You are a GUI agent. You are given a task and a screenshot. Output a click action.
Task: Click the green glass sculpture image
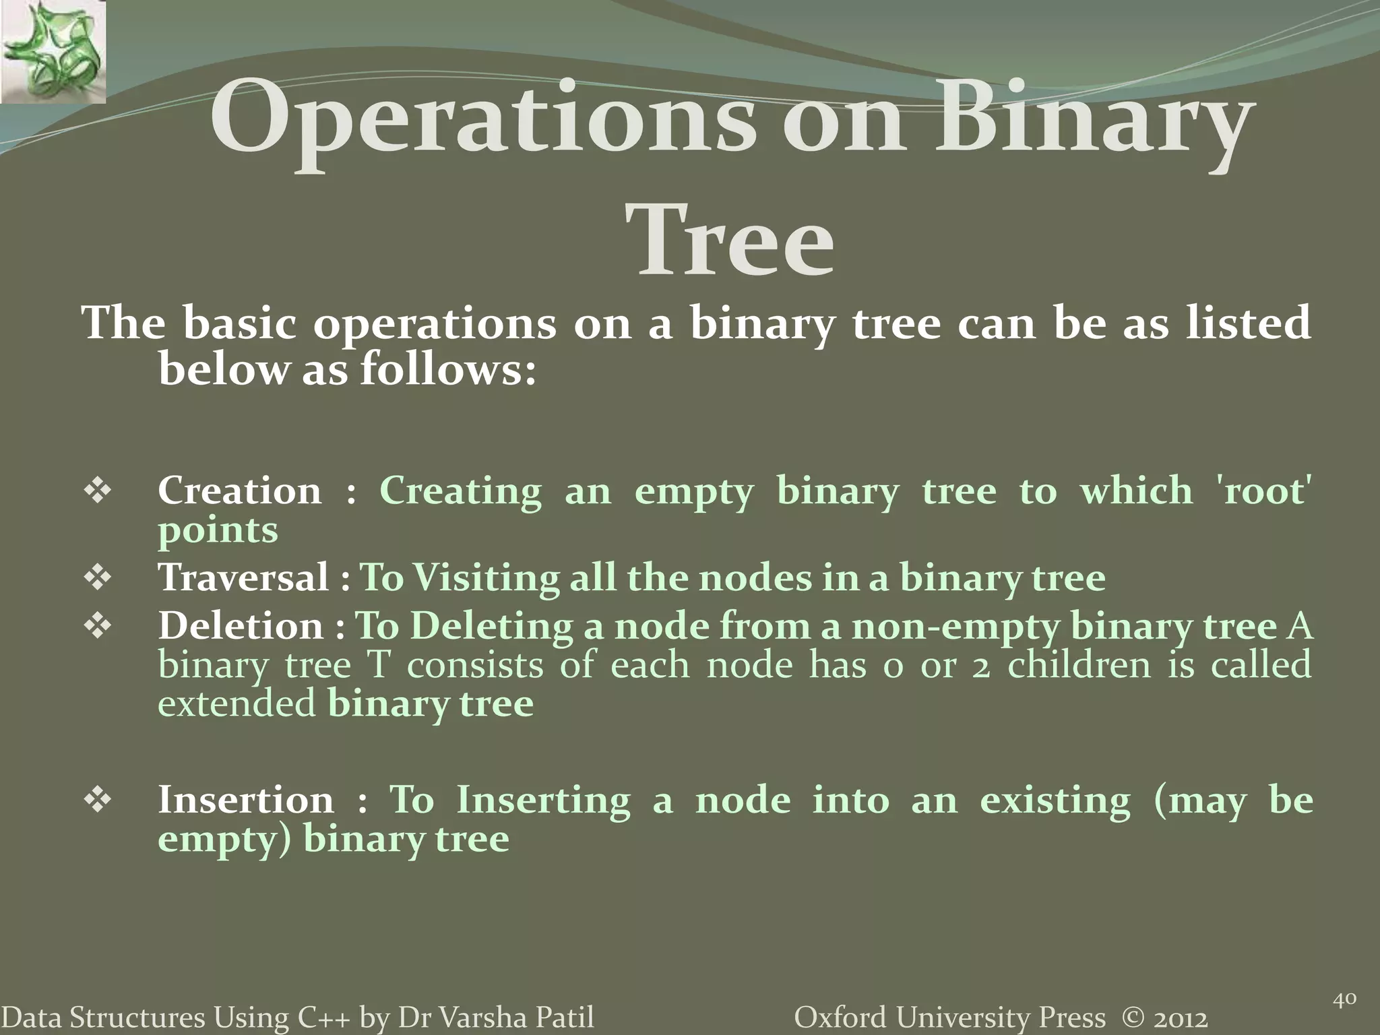pos(53,53)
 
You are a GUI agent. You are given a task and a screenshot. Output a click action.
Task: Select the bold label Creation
pos(240,491)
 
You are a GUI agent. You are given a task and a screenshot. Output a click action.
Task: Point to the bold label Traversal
pos(244,578)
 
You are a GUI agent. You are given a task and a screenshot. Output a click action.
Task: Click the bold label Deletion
pos(241,626)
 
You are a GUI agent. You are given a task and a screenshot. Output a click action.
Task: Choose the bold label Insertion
pos(246,801)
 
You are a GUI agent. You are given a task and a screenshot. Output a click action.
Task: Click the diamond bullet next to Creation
pos(98,491)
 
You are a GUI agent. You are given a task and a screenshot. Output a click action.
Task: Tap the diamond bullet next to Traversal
pos(98,578)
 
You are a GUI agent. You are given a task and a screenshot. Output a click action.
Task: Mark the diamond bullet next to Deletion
pos(98,627)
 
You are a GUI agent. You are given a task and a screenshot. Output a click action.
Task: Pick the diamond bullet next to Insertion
pos(98,801)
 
